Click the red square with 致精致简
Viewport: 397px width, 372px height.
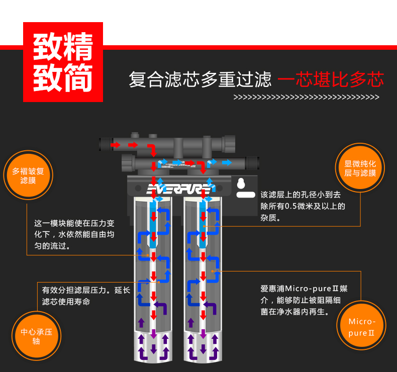(x=63, y=62)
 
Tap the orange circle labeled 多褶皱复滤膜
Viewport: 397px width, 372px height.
(x=28, y=175)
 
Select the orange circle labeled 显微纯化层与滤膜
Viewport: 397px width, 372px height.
(x=360, y=168)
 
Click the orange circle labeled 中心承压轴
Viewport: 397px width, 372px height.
(x=37, y=336)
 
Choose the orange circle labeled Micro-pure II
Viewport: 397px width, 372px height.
(x=361, y=325)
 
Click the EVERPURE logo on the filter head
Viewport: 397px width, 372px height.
(x=178, y=189)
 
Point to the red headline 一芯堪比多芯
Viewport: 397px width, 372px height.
(x=331, y=79)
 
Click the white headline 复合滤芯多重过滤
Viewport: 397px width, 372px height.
(x=200, y=79)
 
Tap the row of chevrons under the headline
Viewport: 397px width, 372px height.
(x=306, y=97)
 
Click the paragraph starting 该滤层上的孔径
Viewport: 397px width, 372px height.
(x=303, y=206)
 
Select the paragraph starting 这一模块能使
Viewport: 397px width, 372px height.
(x=74, y=234)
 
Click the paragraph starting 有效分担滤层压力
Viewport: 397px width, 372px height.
(x=86, y=296)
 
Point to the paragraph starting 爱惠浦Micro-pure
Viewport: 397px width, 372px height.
(x=304, y=300)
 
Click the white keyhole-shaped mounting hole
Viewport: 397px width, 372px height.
(x=241, y=183)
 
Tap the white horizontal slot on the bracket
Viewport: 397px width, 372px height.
(x=246, y=195)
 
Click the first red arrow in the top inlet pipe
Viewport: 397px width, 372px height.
(x=115, y=145)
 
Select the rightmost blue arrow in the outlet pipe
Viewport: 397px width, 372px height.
(x=227, y=162)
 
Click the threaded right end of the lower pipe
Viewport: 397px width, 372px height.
(x=252, y=163)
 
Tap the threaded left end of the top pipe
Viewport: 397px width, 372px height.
(x=106, y=144)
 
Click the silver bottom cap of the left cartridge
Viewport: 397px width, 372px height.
(x=153, y=347)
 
